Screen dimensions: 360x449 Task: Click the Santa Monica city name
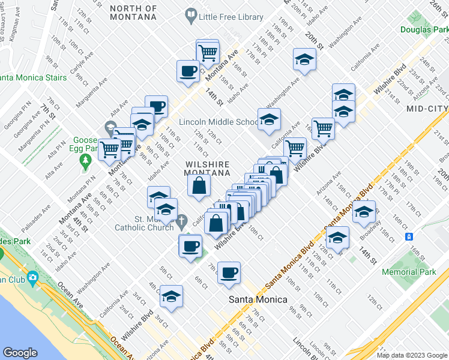256,299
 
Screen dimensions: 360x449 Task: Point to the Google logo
20,353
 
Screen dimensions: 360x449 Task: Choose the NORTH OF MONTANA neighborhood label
134,13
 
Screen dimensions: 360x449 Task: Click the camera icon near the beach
31,277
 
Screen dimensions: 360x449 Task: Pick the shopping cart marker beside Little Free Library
207,52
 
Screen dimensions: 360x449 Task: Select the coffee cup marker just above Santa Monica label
229,272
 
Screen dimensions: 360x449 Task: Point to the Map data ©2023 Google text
411,355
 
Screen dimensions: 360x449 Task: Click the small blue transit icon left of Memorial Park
409,237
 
